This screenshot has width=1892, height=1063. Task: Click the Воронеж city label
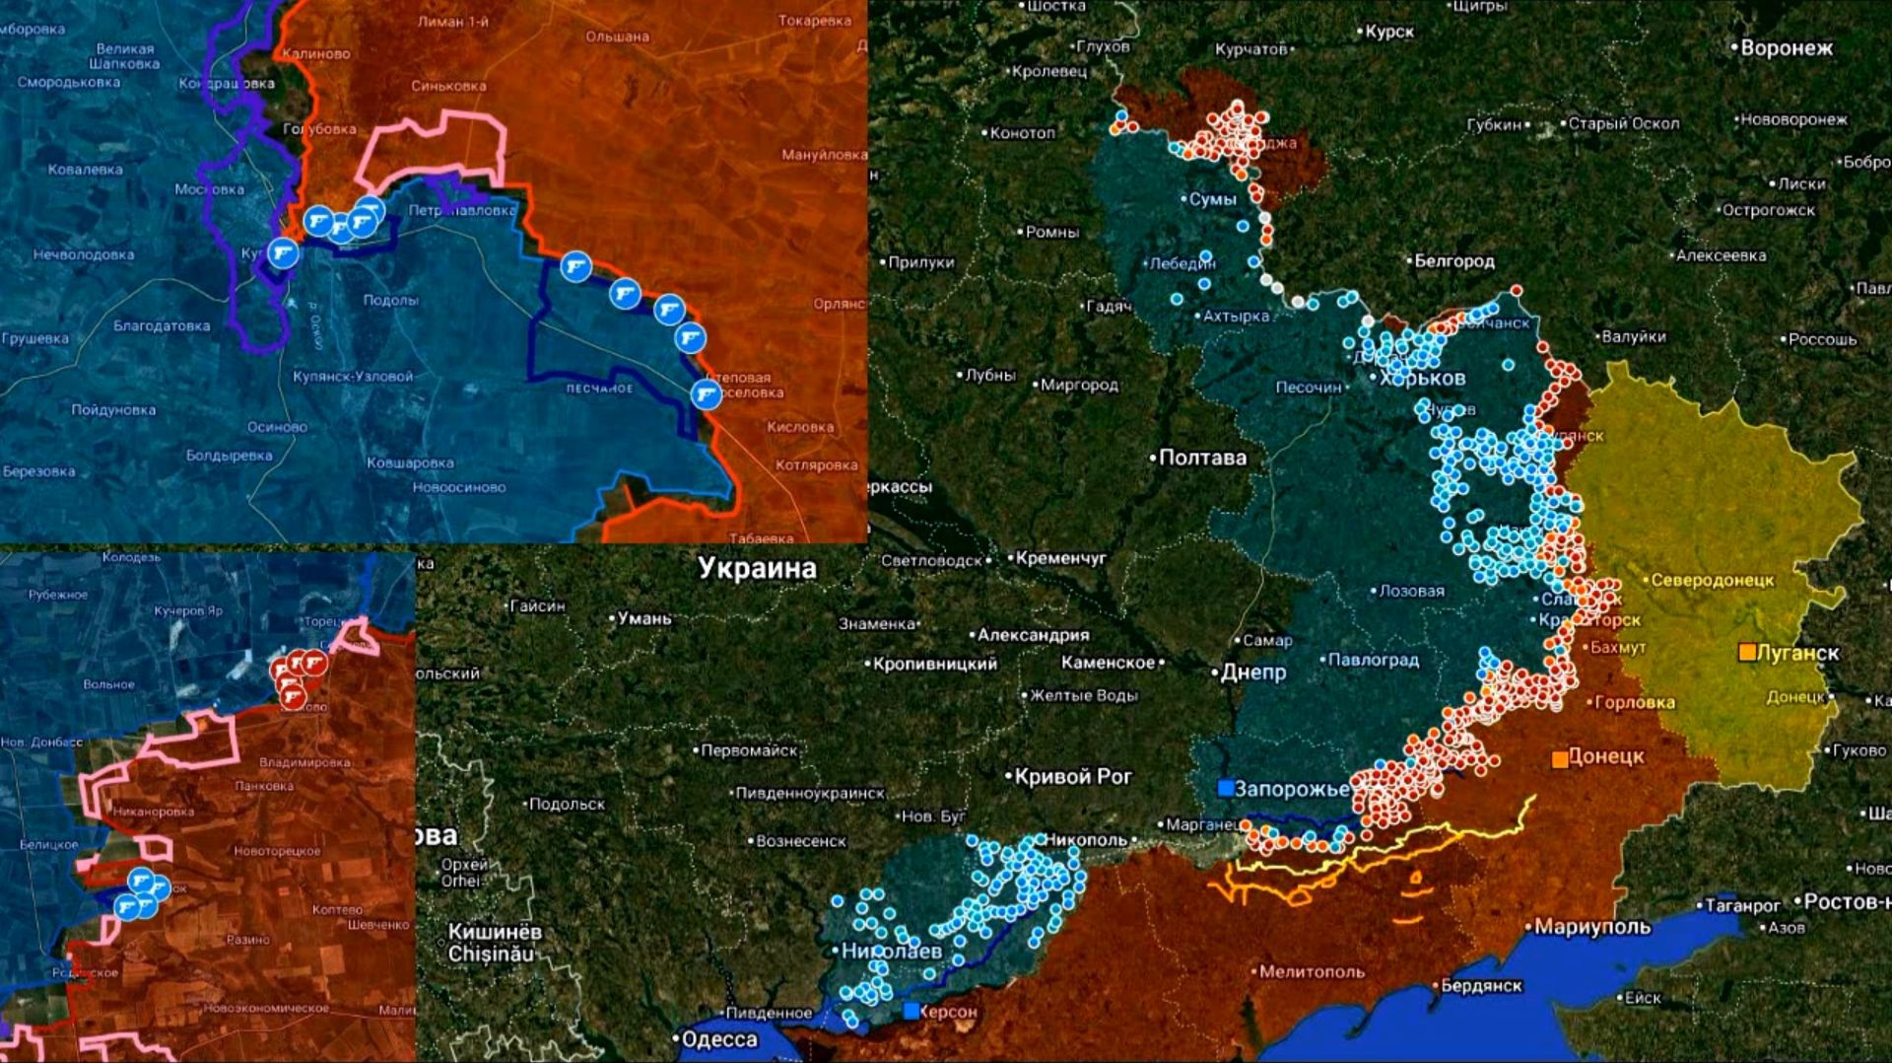(x=1786, y=47)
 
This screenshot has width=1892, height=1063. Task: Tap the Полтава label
(x=1202, y=458)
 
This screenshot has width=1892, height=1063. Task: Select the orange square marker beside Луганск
(x=1747, y=653)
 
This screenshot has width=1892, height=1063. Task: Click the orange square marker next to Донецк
(x=1560, y=758)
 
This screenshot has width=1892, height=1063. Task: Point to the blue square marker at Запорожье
(x=1226, y=788)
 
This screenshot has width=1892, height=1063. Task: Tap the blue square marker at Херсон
(x=912, y=1011)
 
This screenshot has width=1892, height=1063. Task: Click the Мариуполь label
(x=1591, y=927)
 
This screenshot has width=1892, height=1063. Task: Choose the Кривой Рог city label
(x=1073, y=776)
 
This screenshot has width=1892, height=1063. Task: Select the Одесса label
(x=719, y=1039)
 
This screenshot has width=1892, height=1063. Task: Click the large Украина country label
(x=757, y=568)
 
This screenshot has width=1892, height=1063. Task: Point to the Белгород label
(x=1454, y=261)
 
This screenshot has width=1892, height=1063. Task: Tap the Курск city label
(x=1389, y=32)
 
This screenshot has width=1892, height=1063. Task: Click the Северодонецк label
(x=1713, y=581)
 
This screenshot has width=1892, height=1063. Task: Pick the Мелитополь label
(x=1312, y=971)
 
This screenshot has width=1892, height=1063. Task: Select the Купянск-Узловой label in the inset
(x=353, y=377)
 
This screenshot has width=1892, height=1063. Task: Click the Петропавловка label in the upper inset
(x=462, y=210)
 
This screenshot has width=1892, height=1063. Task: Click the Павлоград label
(x=1373, y=660)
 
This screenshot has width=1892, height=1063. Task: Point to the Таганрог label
(x=1742, y=905)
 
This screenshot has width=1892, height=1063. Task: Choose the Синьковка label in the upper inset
(x=448, y=86)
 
